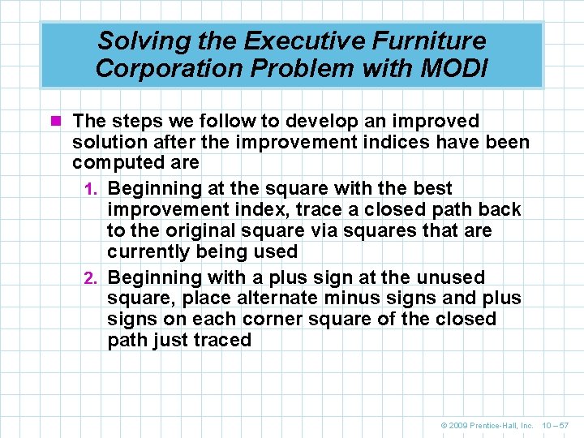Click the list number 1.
point(92,189)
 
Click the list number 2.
point(92,278)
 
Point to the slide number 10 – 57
point(556,425)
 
